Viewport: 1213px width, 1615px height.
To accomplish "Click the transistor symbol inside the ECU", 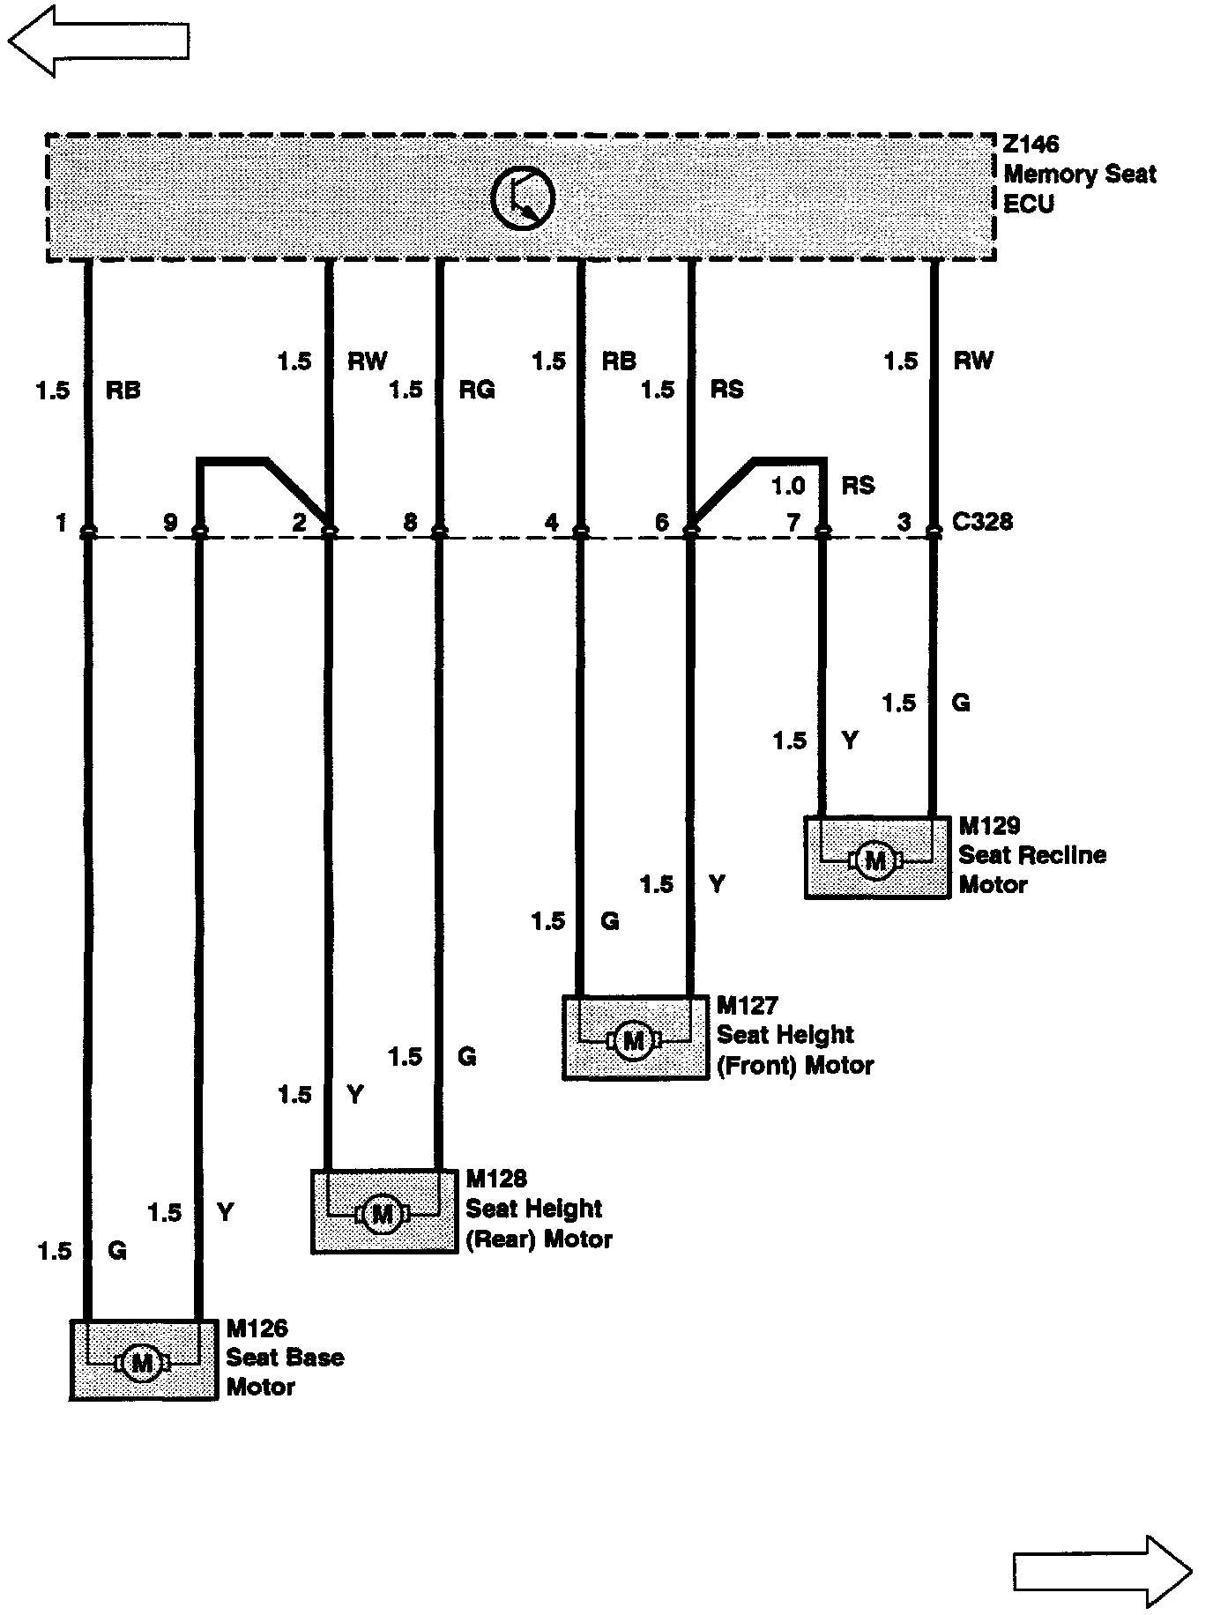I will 523,197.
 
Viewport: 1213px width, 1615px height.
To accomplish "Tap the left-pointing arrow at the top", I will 98,41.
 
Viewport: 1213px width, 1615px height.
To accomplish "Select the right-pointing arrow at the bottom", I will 1102,1570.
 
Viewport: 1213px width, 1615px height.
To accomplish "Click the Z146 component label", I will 1031,145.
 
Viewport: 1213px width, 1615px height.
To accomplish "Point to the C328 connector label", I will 983,522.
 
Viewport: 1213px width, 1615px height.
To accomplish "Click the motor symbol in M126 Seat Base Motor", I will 142,1363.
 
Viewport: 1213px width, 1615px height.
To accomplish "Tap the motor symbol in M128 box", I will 383,1214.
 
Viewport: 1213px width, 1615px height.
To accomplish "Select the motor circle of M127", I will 633,1041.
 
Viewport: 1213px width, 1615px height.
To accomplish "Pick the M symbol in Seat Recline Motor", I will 875,860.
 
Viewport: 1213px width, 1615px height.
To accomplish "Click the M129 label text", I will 989,826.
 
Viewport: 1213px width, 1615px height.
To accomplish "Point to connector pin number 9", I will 171,523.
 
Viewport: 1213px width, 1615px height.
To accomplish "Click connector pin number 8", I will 410,522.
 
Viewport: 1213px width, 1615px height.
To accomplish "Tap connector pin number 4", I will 552,523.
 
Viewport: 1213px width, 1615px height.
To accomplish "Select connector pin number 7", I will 793,523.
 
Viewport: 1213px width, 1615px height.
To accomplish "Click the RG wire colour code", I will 477,390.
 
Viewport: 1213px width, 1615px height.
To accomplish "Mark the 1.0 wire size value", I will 788,486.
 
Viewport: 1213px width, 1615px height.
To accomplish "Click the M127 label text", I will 748,1006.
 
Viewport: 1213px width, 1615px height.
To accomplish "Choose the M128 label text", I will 496,1179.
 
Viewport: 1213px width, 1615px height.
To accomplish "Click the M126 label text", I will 257,1328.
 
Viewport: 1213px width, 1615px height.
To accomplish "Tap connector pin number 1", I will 61,523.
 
